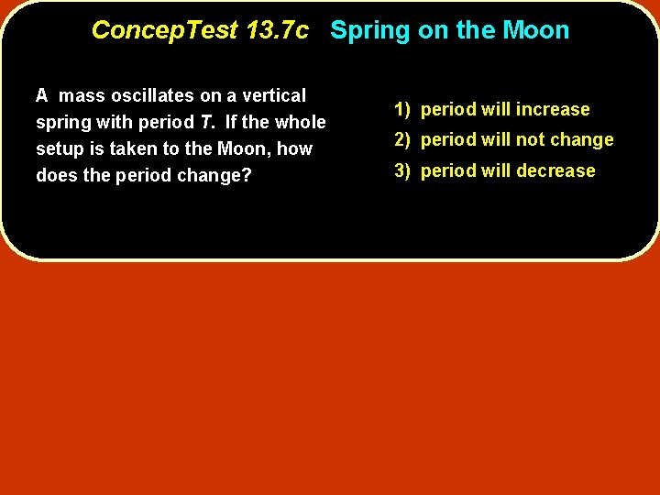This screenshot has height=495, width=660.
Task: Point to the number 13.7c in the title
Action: tap(278, 30)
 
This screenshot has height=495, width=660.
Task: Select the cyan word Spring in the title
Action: tap(370, 30)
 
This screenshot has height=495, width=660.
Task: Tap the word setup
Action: tap(58, 148)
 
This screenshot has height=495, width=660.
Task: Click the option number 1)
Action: tap(403, 109)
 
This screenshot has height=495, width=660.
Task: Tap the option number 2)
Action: tap(403, 139)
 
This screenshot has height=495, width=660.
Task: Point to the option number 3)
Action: tap(403, 170)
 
